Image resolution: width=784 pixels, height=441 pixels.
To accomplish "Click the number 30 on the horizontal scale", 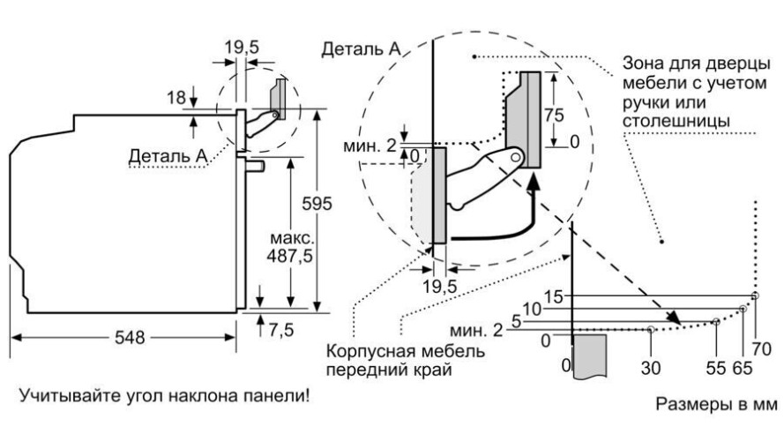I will tap(651, 365).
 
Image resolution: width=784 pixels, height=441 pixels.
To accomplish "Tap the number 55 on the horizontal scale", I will tap(714, 365).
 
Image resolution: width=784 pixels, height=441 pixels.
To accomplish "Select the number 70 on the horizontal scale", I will tap(762, 337).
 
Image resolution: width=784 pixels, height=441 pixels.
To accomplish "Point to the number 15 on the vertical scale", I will tap(553, 295).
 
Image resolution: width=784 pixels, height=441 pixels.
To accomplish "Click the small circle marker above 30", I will tap(651, 329).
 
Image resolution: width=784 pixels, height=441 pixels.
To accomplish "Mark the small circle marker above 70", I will tap(755, 295).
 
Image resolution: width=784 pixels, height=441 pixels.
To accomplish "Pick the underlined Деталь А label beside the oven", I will tap(168, 156).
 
